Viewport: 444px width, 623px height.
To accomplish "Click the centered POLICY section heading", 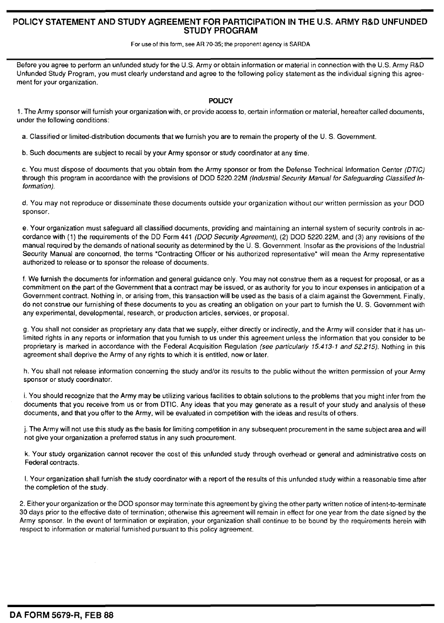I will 220,100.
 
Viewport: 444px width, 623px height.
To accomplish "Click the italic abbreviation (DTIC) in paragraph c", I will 415,170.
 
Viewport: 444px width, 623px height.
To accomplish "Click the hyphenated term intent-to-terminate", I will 398,504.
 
